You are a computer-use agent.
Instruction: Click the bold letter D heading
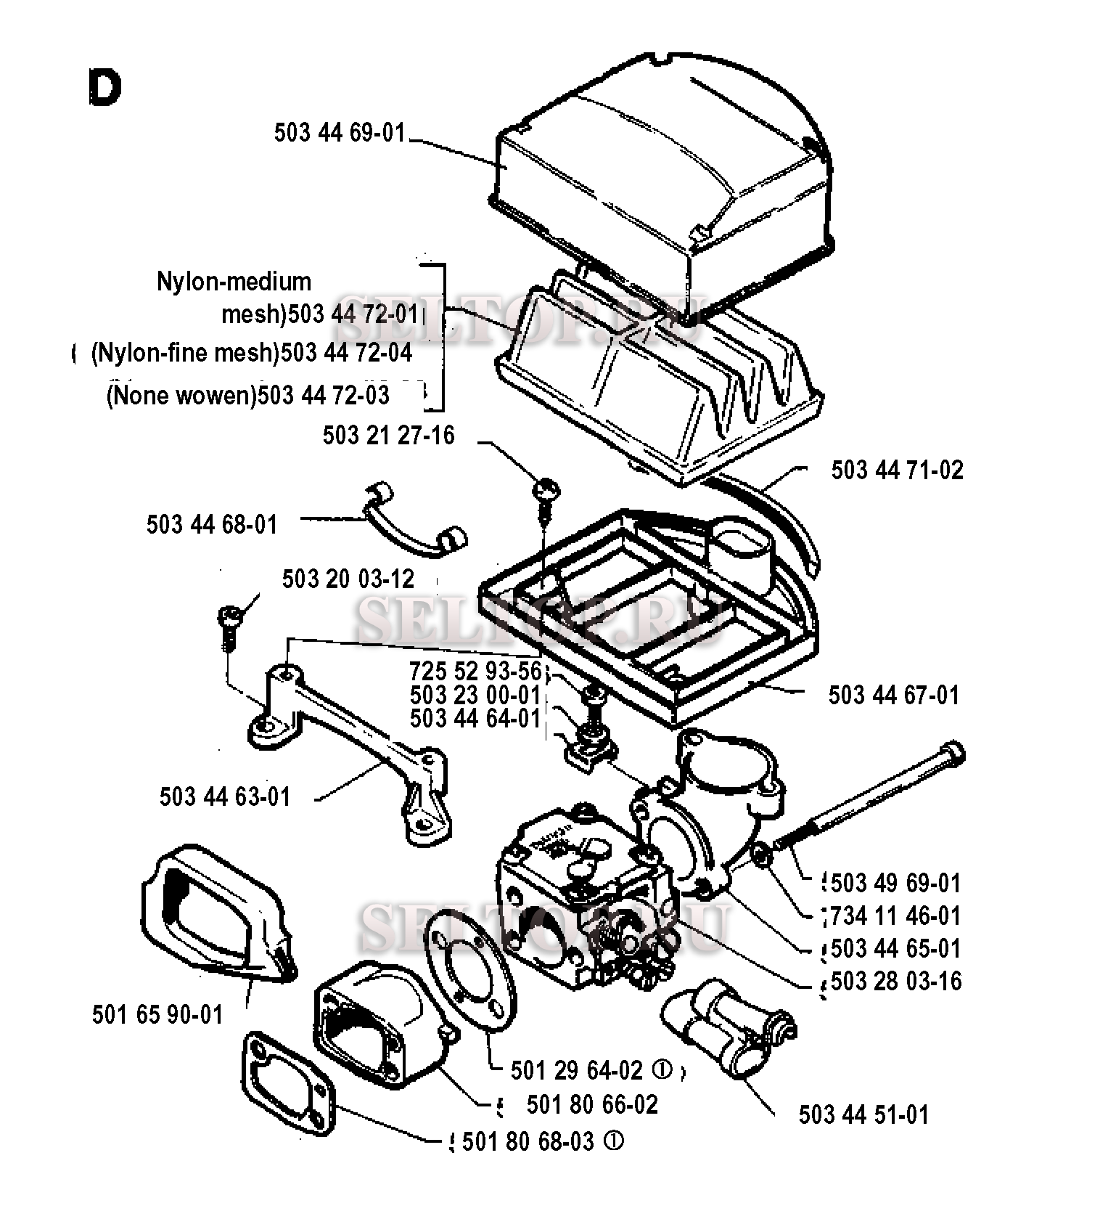click(104, 88)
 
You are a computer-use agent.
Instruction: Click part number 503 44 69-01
click(339, 134)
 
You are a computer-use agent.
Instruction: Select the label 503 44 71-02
click(897, 470)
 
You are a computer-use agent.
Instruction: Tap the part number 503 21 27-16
click(388, 436)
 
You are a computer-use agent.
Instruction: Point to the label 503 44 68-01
click(212, 524)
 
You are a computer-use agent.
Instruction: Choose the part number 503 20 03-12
click(348, 579)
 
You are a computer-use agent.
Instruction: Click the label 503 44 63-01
click(225, 796)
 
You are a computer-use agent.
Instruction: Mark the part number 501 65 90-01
click(157, 1014)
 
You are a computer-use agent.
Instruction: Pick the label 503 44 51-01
click(863, 1114)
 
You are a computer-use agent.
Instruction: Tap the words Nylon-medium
click(234, 281)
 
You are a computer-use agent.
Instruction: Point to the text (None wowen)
click(181, 396)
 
